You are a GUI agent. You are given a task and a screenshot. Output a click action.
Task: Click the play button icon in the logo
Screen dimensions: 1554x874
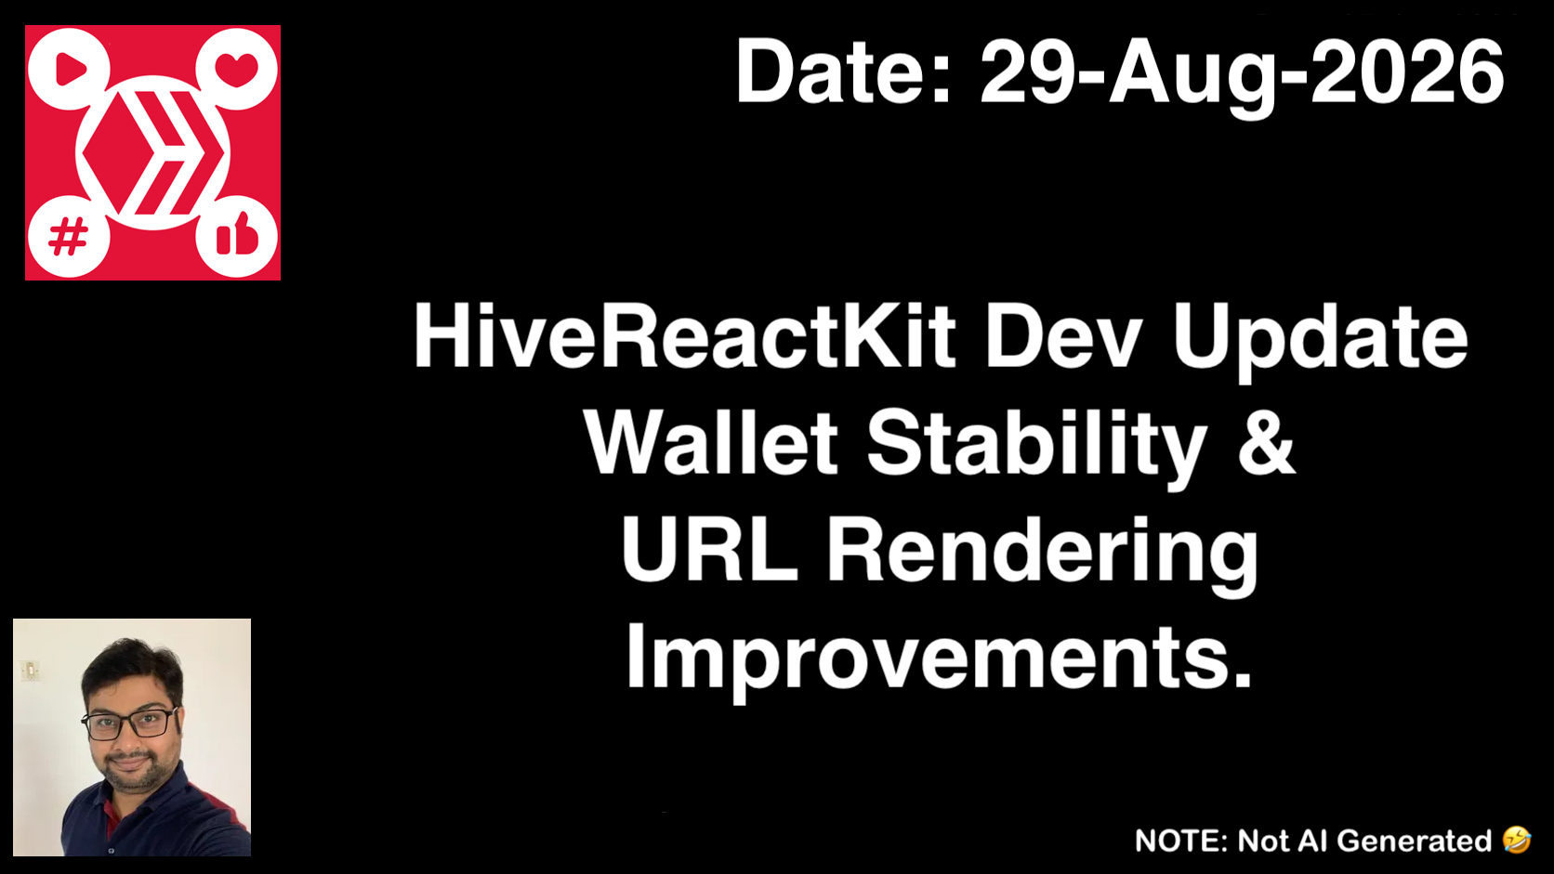pos(71,69)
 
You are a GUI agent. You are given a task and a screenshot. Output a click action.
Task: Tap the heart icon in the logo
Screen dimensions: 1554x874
pos(236,70)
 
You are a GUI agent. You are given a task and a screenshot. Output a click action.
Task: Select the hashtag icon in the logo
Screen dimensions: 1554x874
pos(68,236)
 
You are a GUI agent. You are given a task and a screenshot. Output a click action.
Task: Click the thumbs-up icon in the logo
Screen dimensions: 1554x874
pos(237,234)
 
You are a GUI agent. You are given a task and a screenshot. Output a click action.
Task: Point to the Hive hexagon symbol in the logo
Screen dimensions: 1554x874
pos(153,152)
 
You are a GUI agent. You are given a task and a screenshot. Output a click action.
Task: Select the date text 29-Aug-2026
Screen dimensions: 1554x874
pos(1241,75)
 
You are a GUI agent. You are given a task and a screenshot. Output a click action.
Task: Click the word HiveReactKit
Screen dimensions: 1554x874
pos(685,337)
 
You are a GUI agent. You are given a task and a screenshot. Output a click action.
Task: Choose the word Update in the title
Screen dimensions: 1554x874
pos(1320,341)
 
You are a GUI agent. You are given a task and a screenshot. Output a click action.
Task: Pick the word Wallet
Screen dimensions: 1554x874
pos(711,441)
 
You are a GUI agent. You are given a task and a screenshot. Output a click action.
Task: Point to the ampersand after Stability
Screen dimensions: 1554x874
pos(1267,442)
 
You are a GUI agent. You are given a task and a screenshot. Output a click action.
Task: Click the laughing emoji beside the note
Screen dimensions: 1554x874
pos(1517,840)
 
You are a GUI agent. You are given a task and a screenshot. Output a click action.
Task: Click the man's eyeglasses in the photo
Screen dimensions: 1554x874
pos(130,724)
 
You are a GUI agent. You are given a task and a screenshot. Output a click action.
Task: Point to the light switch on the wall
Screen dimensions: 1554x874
pos(30,671)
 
